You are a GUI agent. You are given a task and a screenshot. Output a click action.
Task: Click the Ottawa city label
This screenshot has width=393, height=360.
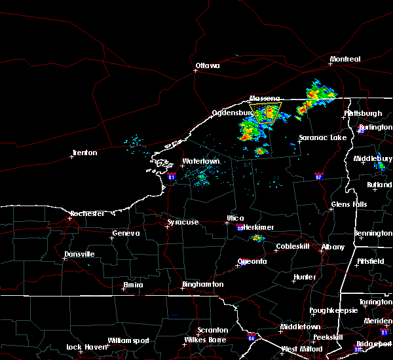tap(207, 65)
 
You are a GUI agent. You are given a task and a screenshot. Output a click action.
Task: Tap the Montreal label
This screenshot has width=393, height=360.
tap(345, 59)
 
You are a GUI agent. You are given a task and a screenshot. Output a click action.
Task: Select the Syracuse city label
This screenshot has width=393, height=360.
tap(182, 222)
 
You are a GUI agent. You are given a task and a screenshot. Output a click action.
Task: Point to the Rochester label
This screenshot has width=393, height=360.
tap(87, 213)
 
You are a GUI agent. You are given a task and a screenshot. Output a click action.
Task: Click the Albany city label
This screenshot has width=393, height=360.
tap(332, 247)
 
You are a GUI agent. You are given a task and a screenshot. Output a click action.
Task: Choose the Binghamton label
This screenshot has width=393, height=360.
tap(203, 284)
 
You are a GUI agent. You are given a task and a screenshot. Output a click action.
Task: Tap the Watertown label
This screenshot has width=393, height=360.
tap(200, 161)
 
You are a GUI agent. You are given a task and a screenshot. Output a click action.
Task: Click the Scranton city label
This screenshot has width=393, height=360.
tap(214, 330)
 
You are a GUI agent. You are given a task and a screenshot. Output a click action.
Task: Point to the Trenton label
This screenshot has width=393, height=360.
tap(84, 153)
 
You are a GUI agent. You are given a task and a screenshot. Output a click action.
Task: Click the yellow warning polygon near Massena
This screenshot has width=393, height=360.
tap(266, 112)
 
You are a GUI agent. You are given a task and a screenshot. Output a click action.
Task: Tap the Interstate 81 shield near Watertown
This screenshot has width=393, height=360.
tap(172, 176)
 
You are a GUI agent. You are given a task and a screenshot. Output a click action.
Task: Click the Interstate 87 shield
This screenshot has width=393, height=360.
tap(319, 176)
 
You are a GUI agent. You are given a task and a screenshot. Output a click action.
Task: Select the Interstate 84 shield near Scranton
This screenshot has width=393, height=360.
tap(252, 338)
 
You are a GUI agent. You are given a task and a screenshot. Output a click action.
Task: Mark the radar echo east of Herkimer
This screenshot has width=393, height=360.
tap(258, 238)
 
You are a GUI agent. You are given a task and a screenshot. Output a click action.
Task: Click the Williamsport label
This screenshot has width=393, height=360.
tap(128, 340)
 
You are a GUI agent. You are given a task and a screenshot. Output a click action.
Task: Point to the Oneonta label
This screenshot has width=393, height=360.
tap(253, 261)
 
